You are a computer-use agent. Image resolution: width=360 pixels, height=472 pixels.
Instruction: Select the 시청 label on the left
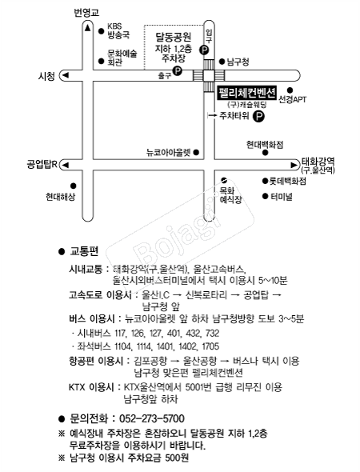46,76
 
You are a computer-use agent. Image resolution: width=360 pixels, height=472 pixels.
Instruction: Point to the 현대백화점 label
264,145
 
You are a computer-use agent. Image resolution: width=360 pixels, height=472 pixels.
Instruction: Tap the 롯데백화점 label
288,181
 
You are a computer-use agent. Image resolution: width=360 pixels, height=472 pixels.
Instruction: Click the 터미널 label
282,196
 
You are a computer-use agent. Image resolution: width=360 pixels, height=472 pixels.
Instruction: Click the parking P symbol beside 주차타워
258,116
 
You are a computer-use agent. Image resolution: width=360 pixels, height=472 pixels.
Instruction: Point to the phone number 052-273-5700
151,418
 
